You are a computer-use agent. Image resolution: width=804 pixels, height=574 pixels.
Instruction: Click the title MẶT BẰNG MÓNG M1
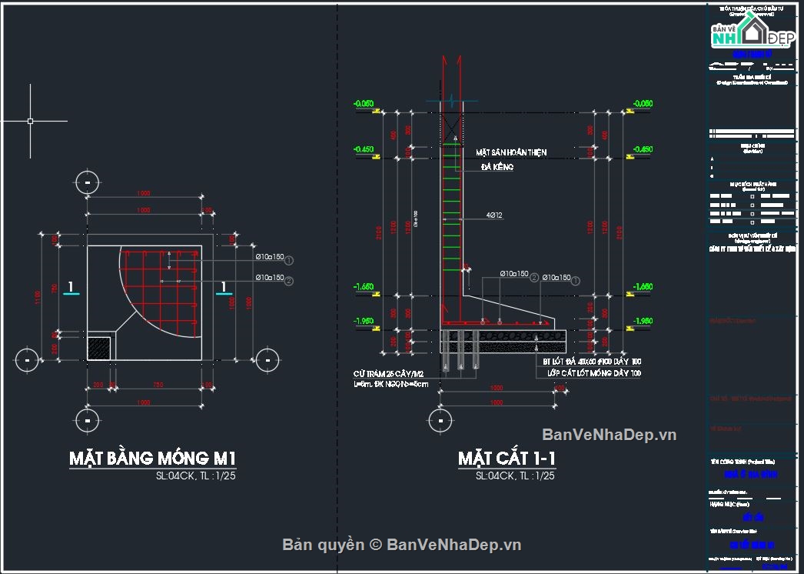point(152,459)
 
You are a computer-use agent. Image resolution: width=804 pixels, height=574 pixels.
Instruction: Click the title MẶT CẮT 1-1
point(507,459)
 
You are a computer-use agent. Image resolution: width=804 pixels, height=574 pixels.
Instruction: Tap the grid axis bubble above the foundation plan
point(88,182)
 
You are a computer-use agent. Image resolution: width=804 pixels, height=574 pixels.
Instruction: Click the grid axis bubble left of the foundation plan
point(27,359)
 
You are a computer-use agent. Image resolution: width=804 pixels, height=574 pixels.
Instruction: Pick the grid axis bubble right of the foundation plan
point(267,359)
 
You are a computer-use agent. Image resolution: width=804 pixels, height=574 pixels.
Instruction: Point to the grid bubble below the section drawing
point(440,420)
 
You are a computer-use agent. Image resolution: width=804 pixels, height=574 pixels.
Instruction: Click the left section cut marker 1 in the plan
point(71,289)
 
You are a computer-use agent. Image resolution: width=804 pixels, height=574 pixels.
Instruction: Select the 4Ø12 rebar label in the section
point(494,215)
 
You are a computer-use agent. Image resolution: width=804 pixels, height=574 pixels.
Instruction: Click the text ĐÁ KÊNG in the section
point(497,167)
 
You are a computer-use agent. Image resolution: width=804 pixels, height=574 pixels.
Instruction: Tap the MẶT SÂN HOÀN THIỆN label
point(511,152)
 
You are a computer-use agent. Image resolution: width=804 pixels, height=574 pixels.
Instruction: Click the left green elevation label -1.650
point(363,287)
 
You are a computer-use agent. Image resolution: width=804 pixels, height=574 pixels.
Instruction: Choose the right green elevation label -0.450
point(643,149)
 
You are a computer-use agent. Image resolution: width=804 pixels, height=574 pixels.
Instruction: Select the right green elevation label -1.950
point(643,321)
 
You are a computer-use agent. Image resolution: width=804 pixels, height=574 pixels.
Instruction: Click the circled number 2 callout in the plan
point(289,281)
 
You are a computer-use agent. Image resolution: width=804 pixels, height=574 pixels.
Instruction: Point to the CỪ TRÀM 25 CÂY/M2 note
point(388,373)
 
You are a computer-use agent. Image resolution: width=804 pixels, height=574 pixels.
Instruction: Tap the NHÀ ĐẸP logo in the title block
point(752,35)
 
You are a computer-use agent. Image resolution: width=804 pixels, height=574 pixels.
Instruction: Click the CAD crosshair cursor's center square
point(30,121)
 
